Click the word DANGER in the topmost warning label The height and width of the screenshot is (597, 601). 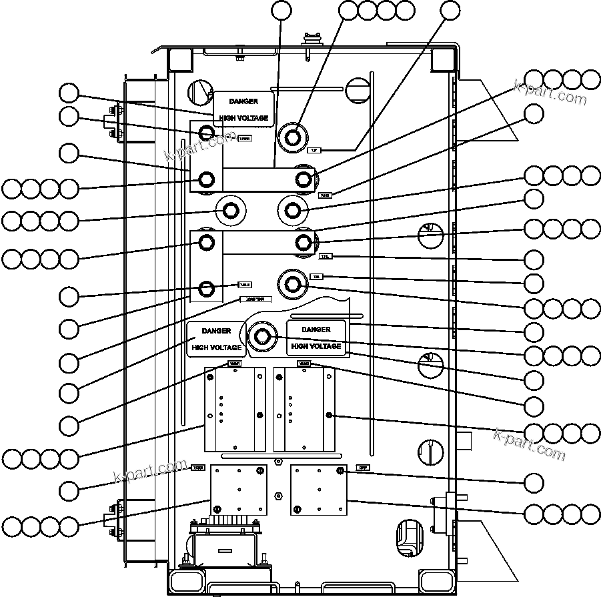coord(243,101)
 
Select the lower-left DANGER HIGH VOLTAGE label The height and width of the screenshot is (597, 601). coord(216,339)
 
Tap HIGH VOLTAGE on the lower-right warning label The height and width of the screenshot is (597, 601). coord(316,346)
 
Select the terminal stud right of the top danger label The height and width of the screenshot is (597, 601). coord(292,137)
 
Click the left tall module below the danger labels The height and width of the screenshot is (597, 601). coord(235,409)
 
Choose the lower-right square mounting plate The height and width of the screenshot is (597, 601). coord(320,490)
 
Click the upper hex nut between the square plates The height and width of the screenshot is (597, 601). coord(278,462)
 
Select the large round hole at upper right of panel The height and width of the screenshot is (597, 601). coord(358,89)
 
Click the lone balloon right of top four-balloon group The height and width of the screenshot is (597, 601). coord(451,10)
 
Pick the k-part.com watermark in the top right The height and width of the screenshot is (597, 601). coord(550,93)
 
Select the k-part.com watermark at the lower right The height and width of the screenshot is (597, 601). coord(530,446)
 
